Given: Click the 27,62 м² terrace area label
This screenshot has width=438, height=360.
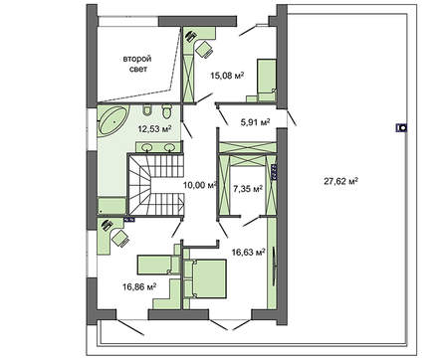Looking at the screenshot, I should pyautogui.click(x=341, y=181).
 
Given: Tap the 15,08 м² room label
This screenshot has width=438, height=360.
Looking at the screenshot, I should pyautogui.click(x=227, y=74).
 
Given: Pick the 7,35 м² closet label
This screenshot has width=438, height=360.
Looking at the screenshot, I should pyautogui.click(x=246, y=185).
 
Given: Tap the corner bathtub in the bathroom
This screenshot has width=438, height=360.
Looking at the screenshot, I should pyautogui.click(x=111, y=125).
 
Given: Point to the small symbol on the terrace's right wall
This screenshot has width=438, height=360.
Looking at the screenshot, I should pyautogui.click(x=401, y=127).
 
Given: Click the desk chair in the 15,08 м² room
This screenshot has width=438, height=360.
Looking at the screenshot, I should pyautogui.click(x=205, y=47).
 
